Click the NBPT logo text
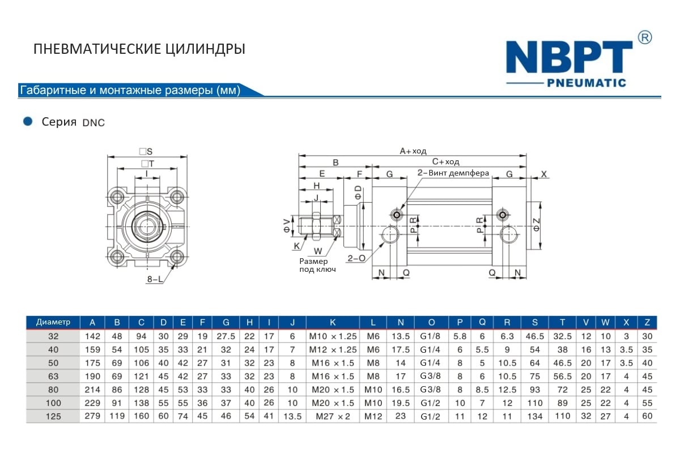click(568, 57)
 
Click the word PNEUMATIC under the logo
click(586, 83)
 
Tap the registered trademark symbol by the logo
click(645, 37)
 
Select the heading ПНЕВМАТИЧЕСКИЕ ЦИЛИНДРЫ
click(139, 49)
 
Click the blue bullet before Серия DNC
click(27, 121)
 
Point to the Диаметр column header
click(53, 322)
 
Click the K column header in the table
click(333, 323)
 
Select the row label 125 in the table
click(53, 416)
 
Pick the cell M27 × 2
click(333, 416)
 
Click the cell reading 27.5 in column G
click(226, 336)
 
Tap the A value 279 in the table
click(92, 416)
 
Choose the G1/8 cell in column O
click(431, 336)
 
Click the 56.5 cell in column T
click(562, 376)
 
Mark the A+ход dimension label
click(413, 151)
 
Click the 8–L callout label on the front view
click(155, 279)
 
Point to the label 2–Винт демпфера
click(453, 173)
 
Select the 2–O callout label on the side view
click(356, 258)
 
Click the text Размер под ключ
click(317, 265)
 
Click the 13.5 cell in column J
click(292, 416)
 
